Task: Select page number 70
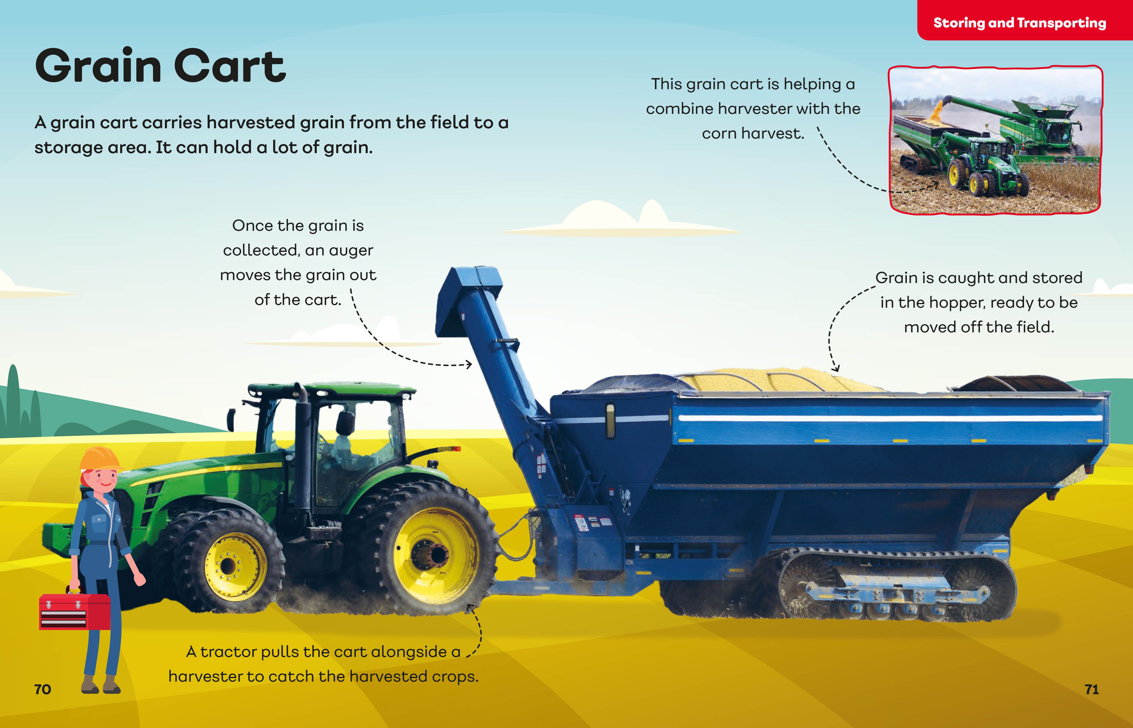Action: click(x=42, y=689)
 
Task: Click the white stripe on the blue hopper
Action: click(x=889, y=418)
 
